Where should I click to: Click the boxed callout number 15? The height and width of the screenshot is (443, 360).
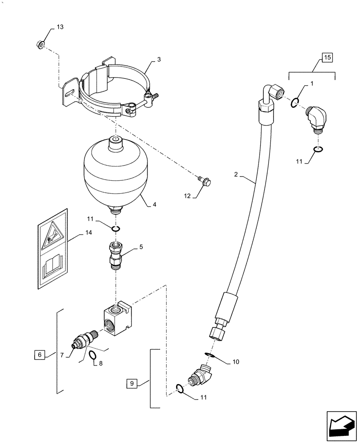pyautogui.click(x=327, y=57)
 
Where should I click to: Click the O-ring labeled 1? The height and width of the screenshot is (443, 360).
pyautogui.click(x=295, y=104)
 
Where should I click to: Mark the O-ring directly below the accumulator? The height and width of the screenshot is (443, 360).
pyautogui.click(x=115, y=228)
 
